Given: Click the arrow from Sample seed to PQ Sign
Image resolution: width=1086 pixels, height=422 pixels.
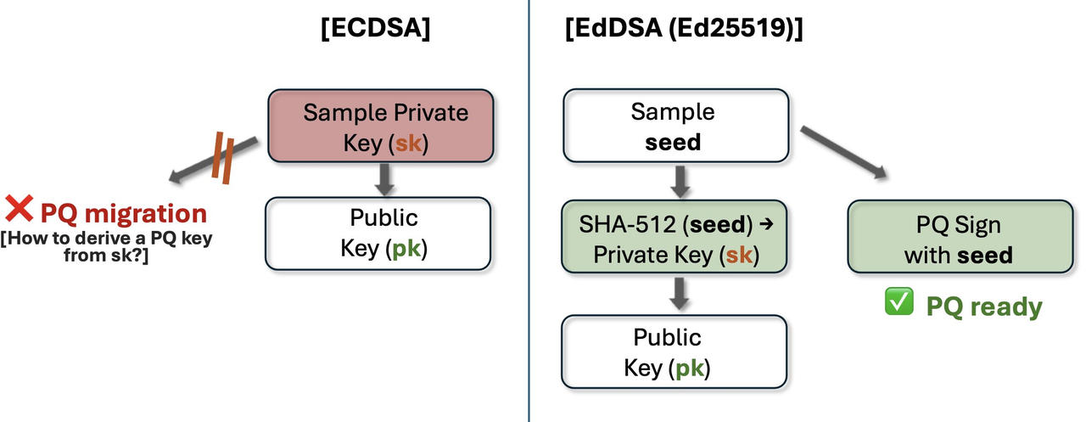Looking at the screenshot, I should (x=843, y=150).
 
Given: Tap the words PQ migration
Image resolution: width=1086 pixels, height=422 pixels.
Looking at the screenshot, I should (x=124, y=213).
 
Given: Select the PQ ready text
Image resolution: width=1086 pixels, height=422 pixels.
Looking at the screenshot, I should (x=983, y=306).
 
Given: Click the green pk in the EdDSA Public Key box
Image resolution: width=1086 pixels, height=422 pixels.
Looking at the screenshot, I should (x=691, y=368).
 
